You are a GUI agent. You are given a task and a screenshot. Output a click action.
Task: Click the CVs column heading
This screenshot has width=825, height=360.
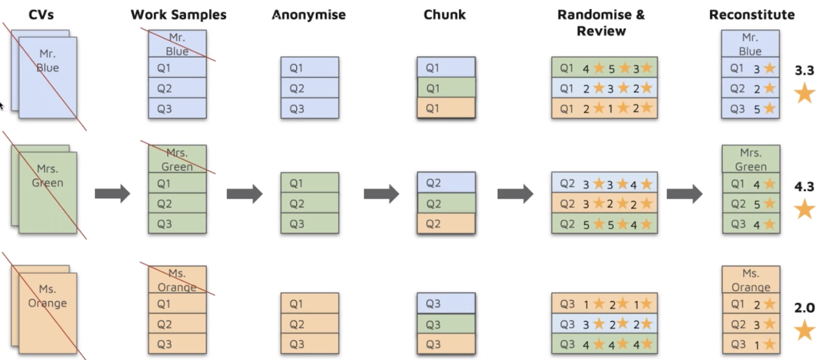click(x=41, y=15)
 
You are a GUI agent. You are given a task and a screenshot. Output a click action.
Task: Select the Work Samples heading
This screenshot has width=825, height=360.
click(x=179, y=15)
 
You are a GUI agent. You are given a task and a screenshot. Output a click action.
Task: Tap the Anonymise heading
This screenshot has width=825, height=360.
click(x=309, y=15)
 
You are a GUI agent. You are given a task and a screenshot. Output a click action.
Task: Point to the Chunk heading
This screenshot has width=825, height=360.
click(x=445, y=15)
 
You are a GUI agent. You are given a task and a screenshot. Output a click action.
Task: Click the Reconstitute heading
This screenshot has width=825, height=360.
click(x=752, y=15)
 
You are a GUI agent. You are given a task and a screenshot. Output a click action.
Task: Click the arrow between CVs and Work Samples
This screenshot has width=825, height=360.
click(x=113, y=194)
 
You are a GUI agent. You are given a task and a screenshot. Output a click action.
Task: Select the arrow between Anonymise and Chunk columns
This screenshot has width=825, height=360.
click(x=381, y=194)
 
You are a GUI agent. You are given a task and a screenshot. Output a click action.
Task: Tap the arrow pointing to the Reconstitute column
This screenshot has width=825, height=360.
click(x=685, y=194)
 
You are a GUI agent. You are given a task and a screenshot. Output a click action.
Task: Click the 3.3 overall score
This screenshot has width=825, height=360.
click(x=804, y=71)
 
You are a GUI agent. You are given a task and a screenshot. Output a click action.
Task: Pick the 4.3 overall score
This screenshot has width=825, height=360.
click(x=804, y=187)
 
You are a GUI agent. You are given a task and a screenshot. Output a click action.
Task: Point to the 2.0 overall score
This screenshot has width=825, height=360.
click(x=804, y=308)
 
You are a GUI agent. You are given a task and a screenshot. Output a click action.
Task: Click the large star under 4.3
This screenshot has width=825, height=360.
click(x=804, y=209)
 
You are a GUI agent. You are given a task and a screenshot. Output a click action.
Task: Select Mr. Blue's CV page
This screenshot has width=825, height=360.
click(x=48, y=77)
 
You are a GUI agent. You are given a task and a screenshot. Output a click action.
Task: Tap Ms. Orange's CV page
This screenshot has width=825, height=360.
click(x=48, y=313)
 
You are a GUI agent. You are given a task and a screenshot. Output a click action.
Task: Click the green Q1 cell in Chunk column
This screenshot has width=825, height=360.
click(x=446, y=88)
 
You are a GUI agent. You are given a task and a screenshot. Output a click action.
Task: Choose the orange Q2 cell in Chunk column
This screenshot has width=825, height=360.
click(x=446, y=223)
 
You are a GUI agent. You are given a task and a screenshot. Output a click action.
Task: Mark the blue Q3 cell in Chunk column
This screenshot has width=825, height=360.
click(x=446, y=303)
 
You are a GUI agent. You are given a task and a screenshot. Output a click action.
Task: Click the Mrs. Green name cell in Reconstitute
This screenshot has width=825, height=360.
click(x=751, y=159)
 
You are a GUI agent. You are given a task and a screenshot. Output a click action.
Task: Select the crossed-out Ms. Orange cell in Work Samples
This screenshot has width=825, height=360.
click(x=177, y=279)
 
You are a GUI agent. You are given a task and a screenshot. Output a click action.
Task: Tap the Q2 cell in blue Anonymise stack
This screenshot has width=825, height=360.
click(x=310, y=88)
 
